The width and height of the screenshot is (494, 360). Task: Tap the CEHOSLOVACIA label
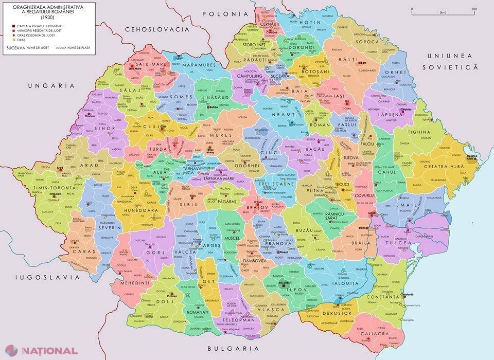click(161, 29)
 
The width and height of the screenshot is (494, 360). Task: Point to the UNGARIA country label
click(51, 85)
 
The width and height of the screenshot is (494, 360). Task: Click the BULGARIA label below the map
click(231, 348)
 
